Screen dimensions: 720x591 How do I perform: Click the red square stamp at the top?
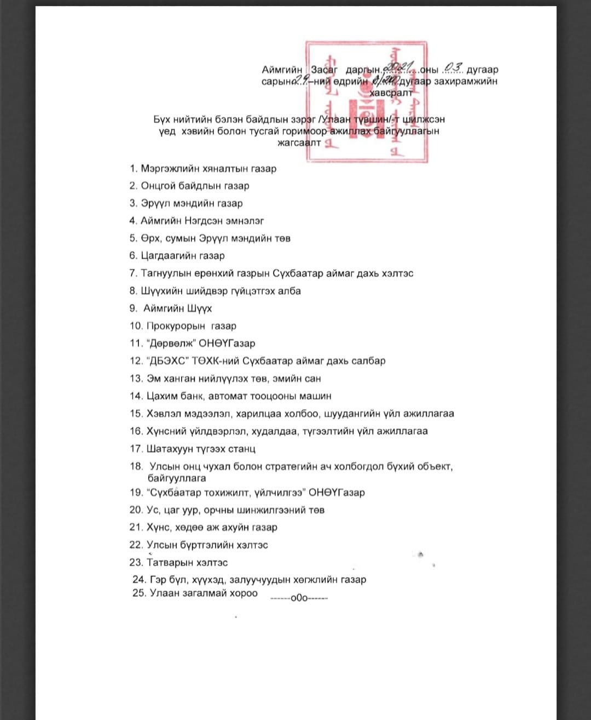coord(367,101)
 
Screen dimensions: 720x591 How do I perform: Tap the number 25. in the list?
coord(139,593)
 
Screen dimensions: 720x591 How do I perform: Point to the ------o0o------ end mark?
coord(299,598)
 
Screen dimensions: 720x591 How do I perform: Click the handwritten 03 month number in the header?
coord(454,67)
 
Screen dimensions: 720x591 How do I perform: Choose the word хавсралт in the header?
coord(391,93)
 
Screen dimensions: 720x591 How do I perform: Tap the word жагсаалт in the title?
coord(299,143)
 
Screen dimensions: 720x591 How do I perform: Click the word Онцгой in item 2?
coord(158,186)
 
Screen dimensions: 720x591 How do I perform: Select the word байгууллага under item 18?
coord(177,478)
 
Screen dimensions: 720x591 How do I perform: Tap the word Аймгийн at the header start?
coord(282,70)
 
